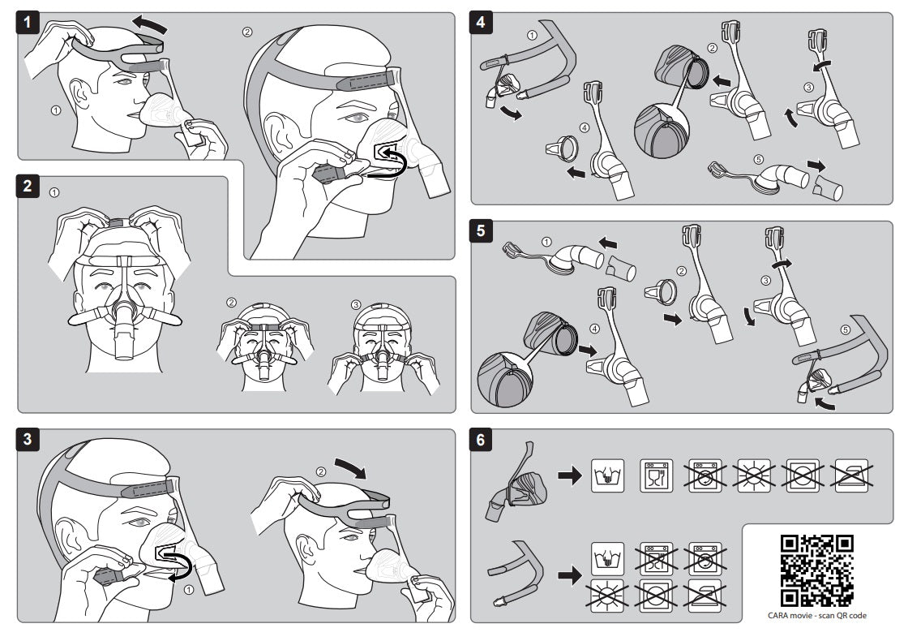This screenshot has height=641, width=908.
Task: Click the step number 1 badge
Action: coord(29,23)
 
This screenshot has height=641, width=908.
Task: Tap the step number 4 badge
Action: coord(482,23)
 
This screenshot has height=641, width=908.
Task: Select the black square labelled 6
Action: coord(482,441)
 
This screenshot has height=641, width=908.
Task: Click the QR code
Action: coord(816,570)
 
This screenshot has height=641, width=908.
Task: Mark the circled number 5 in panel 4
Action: coord(759,159)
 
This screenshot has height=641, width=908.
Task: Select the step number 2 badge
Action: coord(29,186)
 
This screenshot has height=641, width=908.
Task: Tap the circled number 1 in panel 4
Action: coord(532,35)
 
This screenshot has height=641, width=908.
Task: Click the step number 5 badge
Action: coord(482,230)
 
